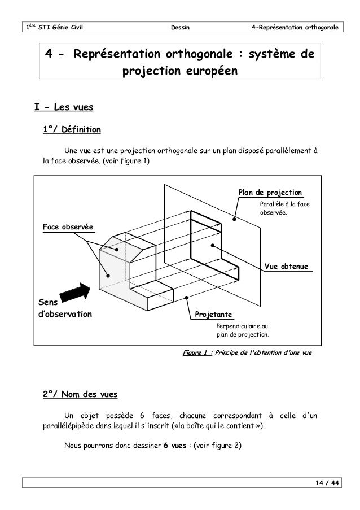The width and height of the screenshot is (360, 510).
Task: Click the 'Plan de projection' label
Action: coord(270,193)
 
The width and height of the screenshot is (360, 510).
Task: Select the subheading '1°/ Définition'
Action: coord(72,130)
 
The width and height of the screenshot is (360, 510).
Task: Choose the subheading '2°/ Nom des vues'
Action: coord(80,393)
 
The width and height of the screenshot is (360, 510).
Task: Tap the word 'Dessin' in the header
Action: coord(179,27)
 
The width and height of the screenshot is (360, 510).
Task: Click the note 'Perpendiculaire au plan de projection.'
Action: coord(243,330)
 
